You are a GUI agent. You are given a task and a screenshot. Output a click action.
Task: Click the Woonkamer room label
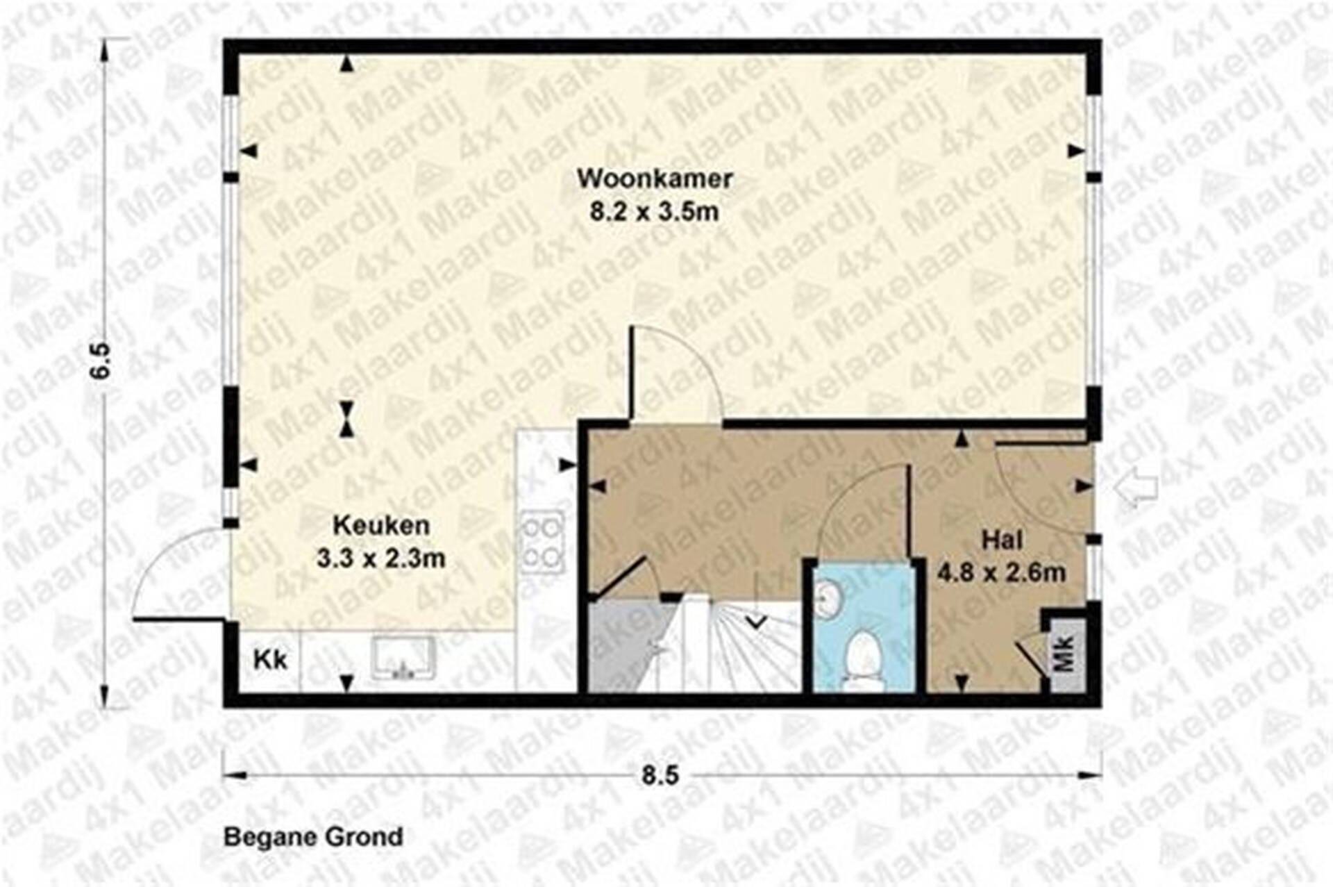[x=655, y=179]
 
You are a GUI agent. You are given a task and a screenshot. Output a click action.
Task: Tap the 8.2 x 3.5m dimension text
[x=654, y=211]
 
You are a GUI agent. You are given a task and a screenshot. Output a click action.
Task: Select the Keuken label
[x=381, y=525]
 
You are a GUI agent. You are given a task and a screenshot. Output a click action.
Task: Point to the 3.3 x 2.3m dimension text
[x=380, y=558]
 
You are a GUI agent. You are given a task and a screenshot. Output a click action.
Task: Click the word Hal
[x=1002, y=539]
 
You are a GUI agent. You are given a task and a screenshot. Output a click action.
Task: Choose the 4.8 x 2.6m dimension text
[x=1001, y=572]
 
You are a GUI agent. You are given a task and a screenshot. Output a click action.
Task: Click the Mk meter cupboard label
[x=1065, y=653]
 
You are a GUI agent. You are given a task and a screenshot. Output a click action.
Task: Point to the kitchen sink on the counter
[x=403, y=658]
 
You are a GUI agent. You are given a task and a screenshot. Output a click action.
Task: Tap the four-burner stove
[x=543, y=542]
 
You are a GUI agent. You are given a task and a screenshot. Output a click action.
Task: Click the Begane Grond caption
[x=313, y=837]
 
